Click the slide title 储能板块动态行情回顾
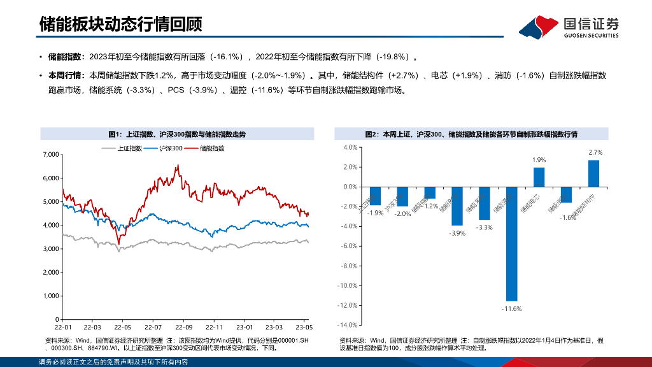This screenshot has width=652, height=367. tap(121, 24)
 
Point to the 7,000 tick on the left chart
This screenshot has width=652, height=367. tap(50, 155)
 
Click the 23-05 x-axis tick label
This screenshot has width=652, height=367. tap(303, 326)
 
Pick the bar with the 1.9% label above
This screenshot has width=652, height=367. tap(539, 177)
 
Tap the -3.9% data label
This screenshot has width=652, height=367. tap(457, 233)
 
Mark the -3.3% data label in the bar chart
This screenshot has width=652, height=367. tap(484, 227)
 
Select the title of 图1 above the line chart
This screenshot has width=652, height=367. tap(176, 134)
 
